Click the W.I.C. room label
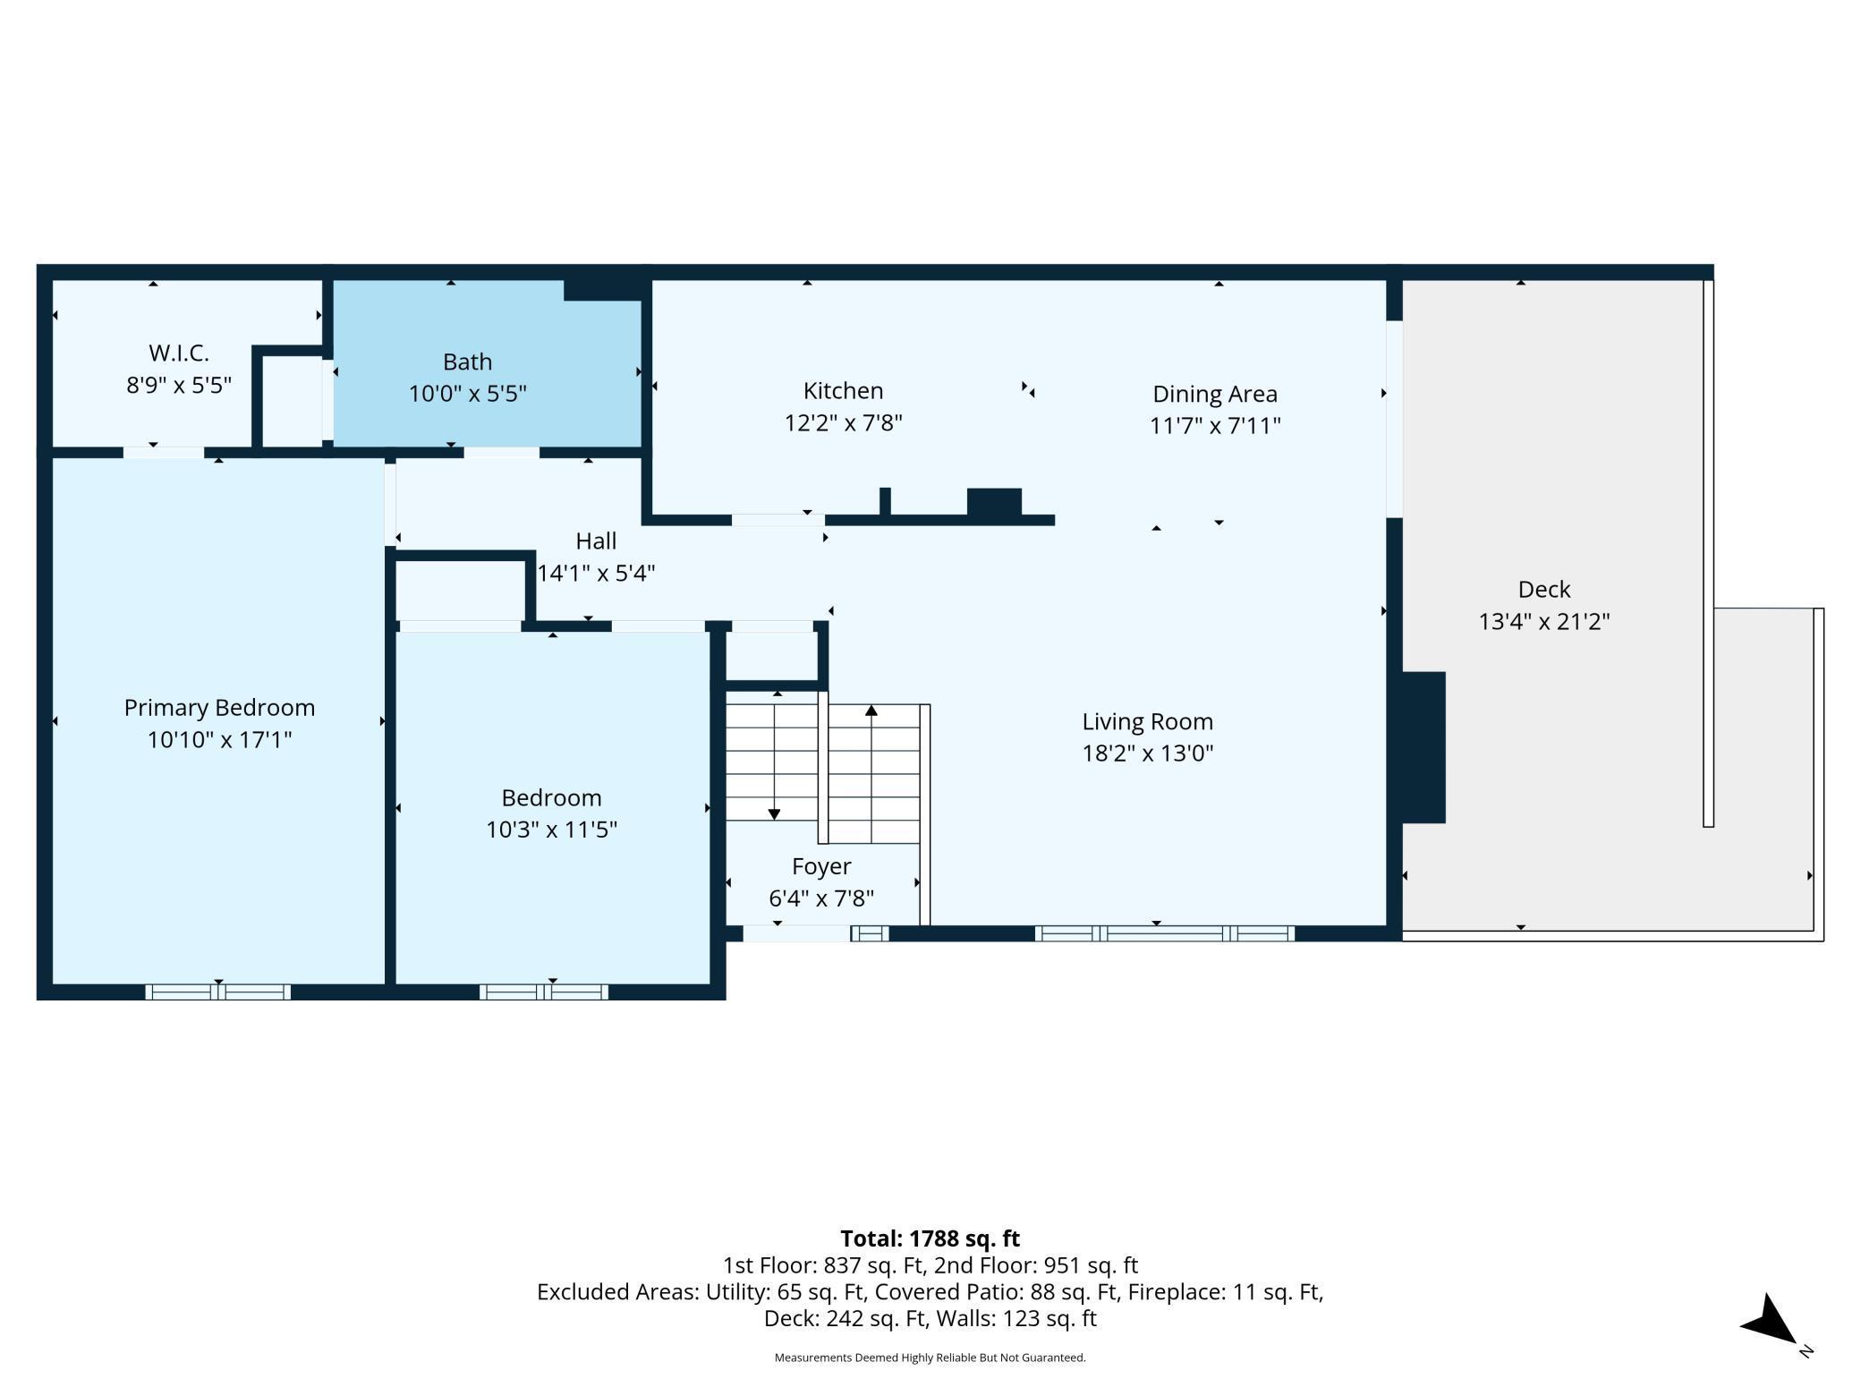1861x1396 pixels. pyautogui.click(x=179, y=353)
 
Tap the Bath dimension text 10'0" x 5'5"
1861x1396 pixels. pyautogui.click(x=468, y=394)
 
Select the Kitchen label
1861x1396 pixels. pyautogui.click(x=843, y=391)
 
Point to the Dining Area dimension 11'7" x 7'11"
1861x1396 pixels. pyautogui.click(x=1215, y=425)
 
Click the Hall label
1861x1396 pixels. pyautogui.click(x=596, y=541)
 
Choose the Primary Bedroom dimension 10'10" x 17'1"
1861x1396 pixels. pyautogui.click(x=219, y=739)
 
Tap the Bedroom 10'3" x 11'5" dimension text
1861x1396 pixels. pyautogui.click(x=551, y=829)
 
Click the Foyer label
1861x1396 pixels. pyautogui.click(x=821, y=866)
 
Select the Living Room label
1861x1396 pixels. pyautogui.click(x=1148, y=722)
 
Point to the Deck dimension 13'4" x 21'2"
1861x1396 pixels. pyautogui.click(x=1544, y=621)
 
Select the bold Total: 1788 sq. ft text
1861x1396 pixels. pyautogui.click(x=930, y=1239)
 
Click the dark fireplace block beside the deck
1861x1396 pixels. pyautogui.click(x=1423, y=747)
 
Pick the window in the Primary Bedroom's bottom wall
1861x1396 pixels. pyautogui.click(x=218, y=992)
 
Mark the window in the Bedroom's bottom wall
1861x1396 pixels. pyautogui.click(x=544, y=992)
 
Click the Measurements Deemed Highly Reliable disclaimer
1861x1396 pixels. pyautogui.click(x=930, y=1358)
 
